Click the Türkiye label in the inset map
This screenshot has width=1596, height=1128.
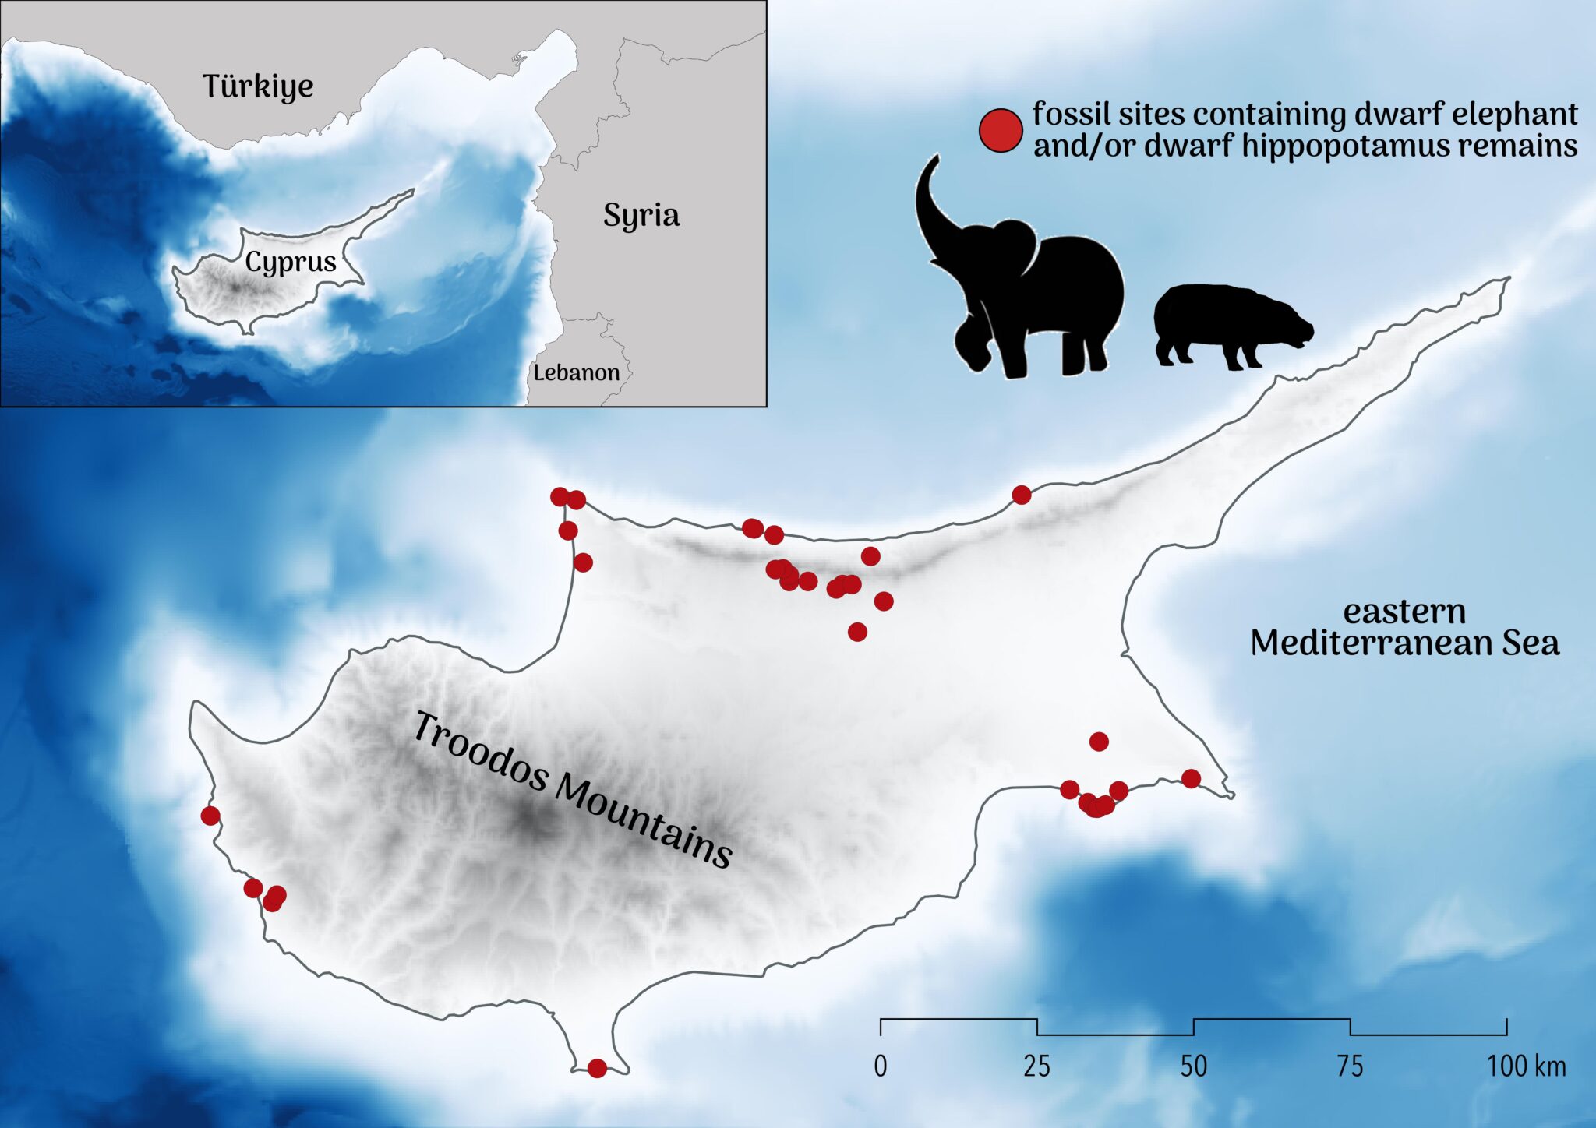click(258, 86)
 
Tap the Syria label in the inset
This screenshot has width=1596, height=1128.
click(641, 216)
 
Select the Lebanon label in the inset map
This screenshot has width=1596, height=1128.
click(576, 372)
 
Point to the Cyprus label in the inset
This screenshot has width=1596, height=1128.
click(291, 262)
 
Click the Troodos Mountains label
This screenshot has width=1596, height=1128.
click(571, 790)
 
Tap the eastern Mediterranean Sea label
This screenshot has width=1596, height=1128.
click(1404, 628)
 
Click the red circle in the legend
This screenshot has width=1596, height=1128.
click(1001, 130)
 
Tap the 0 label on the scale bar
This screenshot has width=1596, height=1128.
click(881, 1066)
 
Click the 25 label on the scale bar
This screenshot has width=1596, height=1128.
click(1037, 1066)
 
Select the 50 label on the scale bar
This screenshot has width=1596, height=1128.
click(1194, 1066)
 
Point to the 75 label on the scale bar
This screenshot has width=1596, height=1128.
click(1351, 1066)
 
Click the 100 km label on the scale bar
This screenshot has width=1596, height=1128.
click(1526, 1066)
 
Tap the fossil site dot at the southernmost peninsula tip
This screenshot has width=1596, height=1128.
click(597, 1068)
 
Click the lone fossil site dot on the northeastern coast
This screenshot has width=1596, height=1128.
click(1022, 495)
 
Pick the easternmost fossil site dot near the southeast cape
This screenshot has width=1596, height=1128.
click(1191, 778)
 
